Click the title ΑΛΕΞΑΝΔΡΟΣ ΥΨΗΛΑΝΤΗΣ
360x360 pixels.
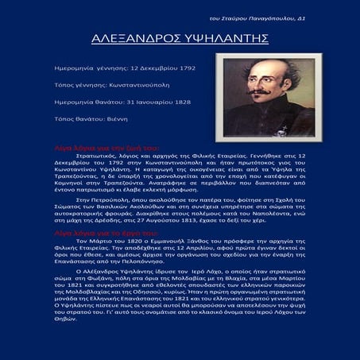180,37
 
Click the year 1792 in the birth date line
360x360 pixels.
184,68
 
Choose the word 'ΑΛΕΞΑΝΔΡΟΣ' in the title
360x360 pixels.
137,37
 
